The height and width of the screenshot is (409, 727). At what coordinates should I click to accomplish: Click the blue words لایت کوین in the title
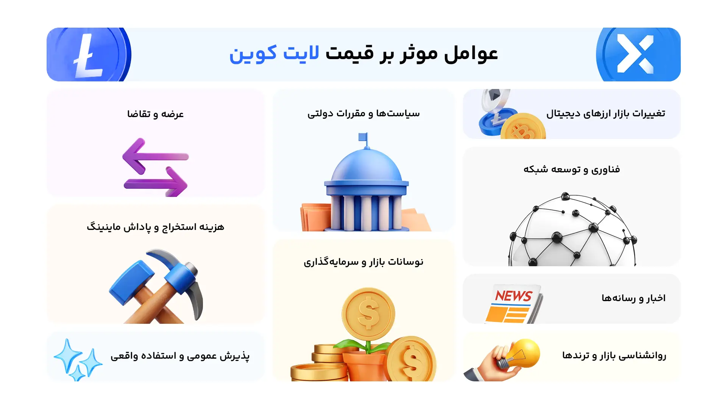pyautogui.click(x=274, y=53)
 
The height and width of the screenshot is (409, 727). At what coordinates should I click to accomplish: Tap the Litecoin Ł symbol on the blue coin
pyautogui.click(x=88, y=56)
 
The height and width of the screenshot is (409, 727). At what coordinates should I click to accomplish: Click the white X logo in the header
pyautogui.click(x=635, y=54)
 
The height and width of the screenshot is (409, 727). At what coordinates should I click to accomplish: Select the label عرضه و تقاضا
pyautogui.click(x=155, y=114)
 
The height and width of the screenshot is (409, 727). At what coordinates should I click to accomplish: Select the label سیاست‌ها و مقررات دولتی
pyautogui.click(x=363, y=113)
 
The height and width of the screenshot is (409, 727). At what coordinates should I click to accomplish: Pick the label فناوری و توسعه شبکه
pyautogui.click(x=571, y=169)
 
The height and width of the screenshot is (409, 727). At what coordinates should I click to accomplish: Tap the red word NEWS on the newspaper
pyautogui.click(x=514, y=296)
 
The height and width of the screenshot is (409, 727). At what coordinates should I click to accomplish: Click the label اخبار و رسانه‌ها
pyautogui.click(x=633, y=298)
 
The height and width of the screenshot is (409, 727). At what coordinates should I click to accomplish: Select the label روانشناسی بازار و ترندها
pyautogui.click(x=614, y=355)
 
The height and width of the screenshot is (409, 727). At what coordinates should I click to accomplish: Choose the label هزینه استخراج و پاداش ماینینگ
pyautogui.click(x=155, y=227)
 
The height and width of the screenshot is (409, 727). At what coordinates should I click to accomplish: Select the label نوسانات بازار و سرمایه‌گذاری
pyautogui.click(x=363, y=262)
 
